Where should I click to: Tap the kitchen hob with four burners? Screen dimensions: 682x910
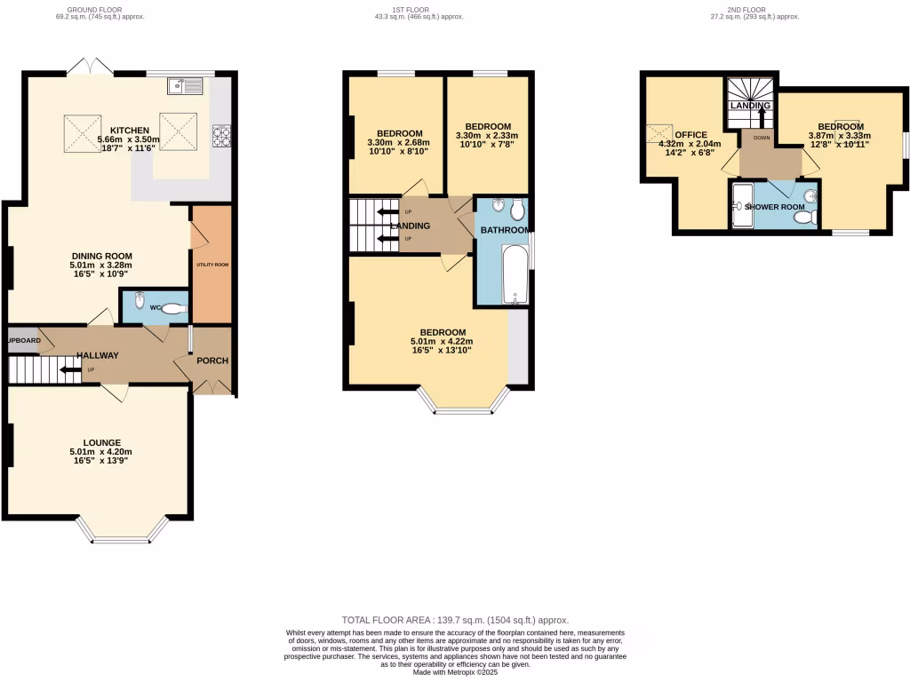click(x=220, y=136)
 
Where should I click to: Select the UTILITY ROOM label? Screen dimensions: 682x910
click(x=212, y=265)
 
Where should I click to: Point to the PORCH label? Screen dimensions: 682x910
click(x=212, y=361)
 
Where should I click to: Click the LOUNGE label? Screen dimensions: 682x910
click(x=102, y=442)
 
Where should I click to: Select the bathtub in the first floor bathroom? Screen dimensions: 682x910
click(x=514, y=274)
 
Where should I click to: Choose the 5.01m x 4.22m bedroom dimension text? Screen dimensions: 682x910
click(x=442, y=341)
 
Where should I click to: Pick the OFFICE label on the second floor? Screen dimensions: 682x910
click(x=690, y=135)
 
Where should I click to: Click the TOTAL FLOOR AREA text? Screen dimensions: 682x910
click(x=455, y=620)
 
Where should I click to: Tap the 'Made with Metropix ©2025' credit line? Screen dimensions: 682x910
click(x=455, y=672)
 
